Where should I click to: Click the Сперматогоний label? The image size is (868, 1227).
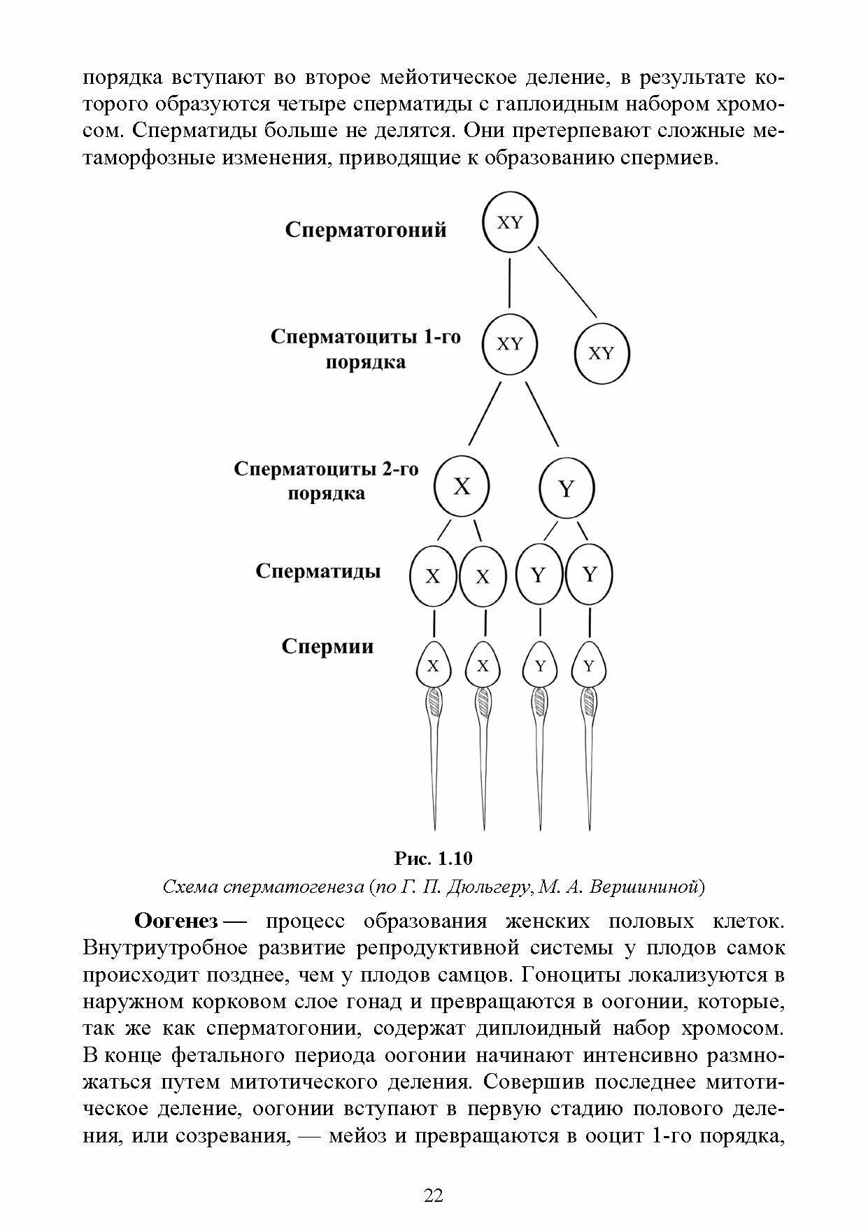365,230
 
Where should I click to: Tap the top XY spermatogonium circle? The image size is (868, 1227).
510,224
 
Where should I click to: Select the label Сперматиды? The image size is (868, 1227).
318,571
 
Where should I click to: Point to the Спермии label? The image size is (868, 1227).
327,646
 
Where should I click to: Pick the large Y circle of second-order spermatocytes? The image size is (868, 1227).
567,489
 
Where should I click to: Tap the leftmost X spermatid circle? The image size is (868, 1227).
433,577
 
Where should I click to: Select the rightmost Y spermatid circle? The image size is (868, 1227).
590,575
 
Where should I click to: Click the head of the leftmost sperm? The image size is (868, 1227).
434,666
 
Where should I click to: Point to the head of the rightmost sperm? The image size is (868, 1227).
589,666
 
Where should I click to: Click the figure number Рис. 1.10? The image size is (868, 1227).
434,858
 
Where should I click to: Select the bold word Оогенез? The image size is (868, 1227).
176,921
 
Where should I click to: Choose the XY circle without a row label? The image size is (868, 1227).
602,353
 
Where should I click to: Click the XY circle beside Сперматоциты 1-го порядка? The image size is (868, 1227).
510,345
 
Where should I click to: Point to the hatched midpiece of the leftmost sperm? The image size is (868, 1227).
434,701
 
